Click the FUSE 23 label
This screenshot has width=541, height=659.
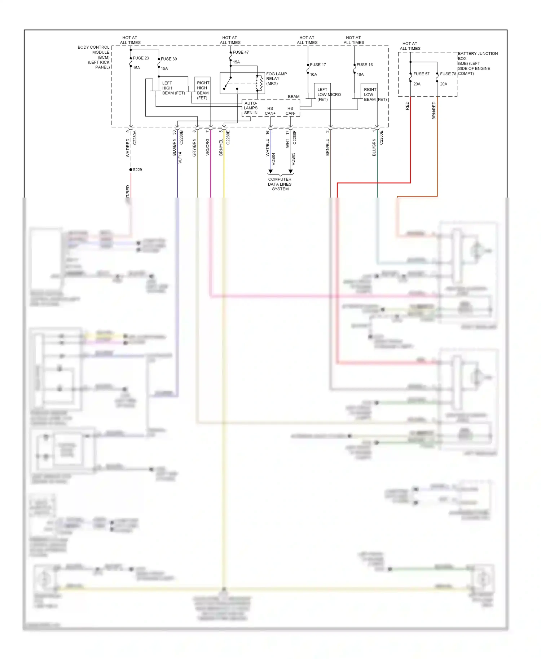pos(141,58)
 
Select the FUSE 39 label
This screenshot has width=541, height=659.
pos(169,59)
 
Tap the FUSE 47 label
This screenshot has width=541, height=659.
pos(241,52)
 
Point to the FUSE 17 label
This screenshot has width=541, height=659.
pos(318,65)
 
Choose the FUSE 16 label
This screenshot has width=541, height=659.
pos(365,65)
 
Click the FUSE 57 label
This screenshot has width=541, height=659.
pos(421,74)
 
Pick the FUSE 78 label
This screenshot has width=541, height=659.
pos(448,74)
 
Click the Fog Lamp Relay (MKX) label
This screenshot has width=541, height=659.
pos(276,79)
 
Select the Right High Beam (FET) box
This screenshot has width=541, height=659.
pos(203,90)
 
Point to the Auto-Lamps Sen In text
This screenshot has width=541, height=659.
pos(251,108)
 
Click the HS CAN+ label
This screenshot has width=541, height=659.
pos(270,111)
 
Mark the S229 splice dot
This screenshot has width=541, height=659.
pos(131,170)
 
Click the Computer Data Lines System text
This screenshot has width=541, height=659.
pos(280,184)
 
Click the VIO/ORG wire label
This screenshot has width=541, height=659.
pos(208,147)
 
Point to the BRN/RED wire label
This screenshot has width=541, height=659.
pos(434,110)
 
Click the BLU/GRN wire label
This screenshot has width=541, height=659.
pos(374,147)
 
